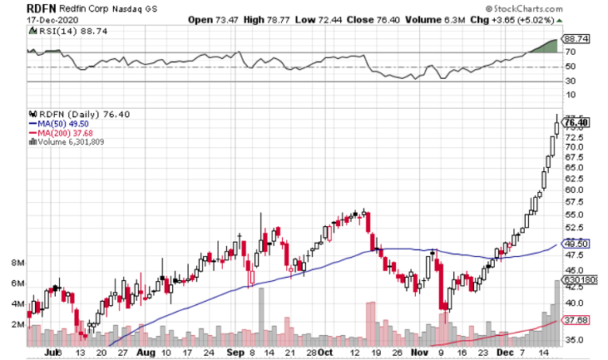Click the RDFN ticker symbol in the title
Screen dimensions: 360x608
(x=19, y=7)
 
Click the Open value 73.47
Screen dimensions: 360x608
(x=236, y=19)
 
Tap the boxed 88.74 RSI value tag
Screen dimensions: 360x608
(x=576, y=38)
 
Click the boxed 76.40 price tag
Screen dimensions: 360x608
(x=576, y=122)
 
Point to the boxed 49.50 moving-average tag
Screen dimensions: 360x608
(x=576, y=244)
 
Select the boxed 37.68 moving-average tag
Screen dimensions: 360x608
(x=576, y=319)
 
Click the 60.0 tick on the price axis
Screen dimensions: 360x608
(x=575, y=190)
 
